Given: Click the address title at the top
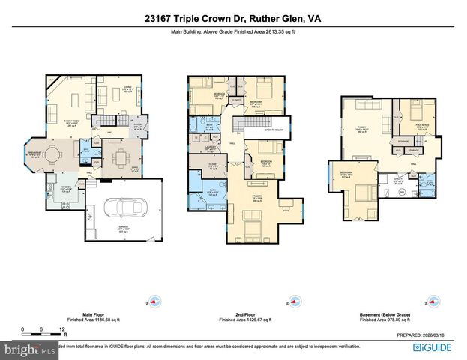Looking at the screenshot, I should (232, 18).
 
